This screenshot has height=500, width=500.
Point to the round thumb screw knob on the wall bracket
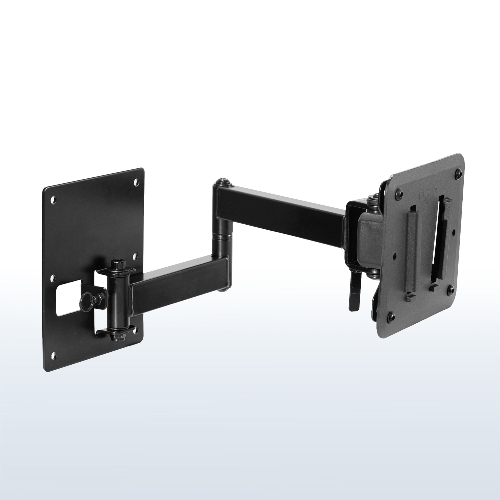(x=85, y=301)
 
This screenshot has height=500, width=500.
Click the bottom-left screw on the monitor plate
(x=392, y=315)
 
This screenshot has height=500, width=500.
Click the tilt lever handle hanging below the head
(x=353, y=295)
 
